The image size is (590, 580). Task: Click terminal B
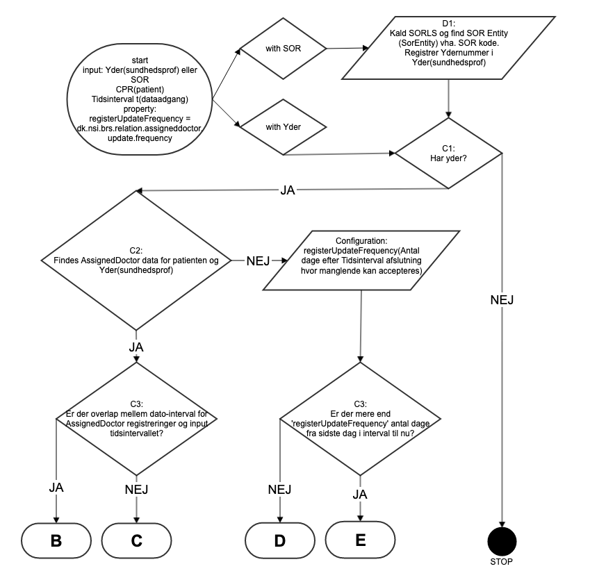coord(56,541)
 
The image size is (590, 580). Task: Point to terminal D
coord(279,541)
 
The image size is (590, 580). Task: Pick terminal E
coord(360,540)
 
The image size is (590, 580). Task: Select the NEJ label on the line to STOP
coord(502,299)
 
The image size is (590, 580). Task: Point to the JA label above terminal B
coord(57,487)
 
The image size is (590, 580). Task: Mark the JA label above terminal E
coord(360,495)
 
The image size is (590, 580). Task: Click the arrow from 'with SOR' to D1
coord(345,49)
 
